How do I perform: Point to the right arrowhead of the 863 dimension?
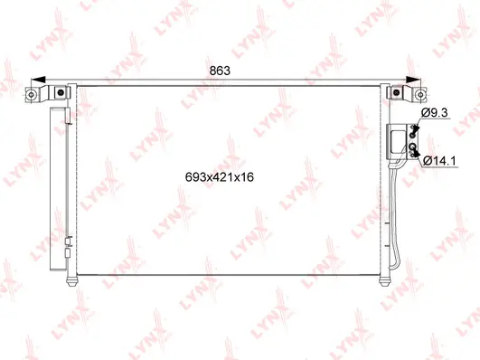click(410, 81)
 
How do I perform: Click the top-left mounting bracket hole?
click(32, 93)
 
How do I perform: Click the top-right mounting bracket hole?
click(419, 93)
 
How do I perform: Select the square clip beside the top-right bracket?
click(395, 91)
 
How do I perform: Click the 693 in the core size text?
click(193, 176)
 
